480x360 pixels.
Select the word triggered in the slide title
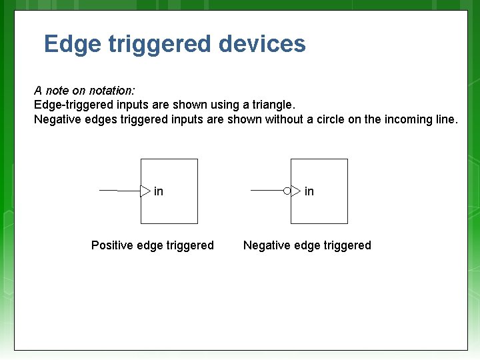pos(159,45)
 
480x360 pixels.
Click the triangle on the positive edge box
pos(145,191)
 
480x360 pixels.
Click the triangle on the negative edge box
pos(296,191)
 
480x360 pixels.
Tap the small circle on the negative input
pos(287,191)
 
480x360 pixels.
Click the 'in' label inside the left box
pos(159,191)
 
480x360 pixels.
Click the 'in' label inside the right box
pos(309,191)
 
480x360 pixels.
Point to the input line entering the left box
pos(119,191)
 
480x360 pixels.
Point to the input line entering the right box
pos(267,191)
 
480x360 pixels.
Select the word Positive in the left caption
pos(112,245)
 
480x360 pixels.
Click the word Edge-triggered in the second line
pos(68,105)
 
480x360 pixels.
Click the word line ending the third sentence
pos(445,119)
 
